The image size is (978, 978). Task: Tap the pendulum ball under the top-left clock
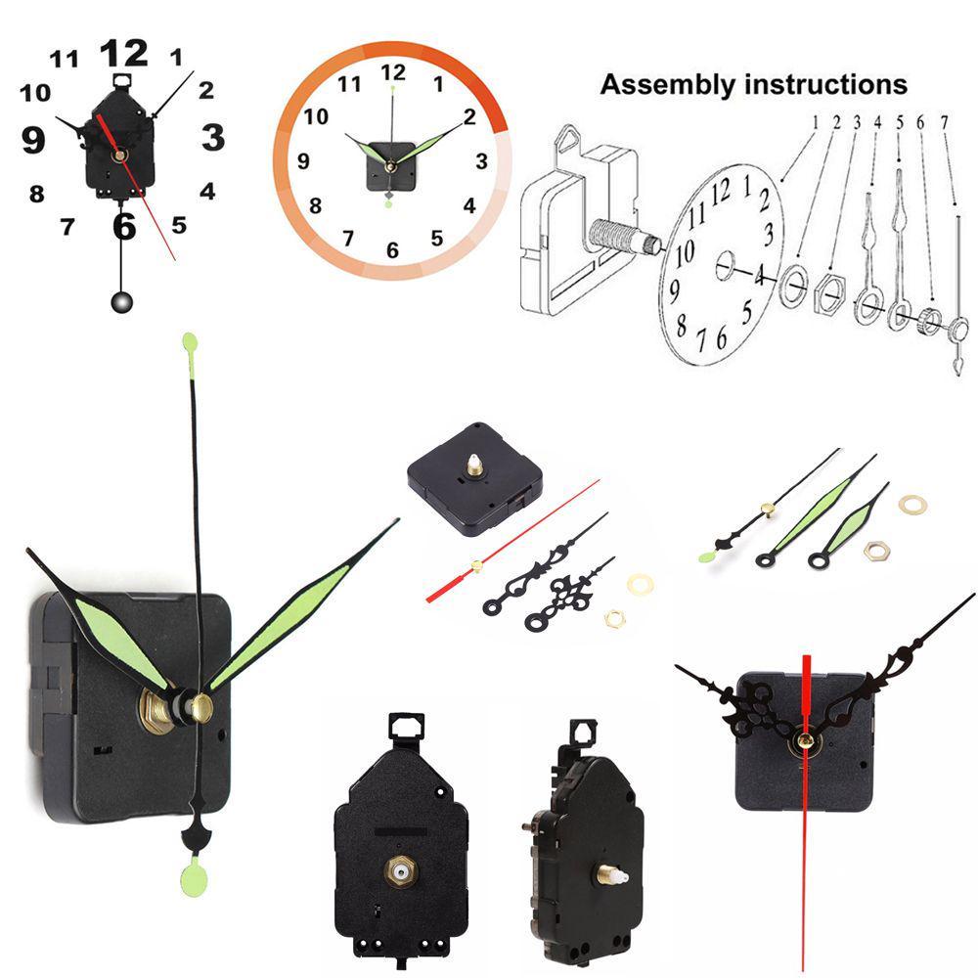point(121,302)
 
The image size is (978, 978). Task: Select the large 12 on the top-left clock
point(124,53)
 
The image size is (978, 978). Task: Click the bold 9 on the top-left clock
point(33,140)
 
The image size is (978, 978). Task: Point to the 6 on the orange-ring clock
point(392,250)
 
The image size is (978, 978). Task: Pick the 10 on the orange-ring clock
point(316,116)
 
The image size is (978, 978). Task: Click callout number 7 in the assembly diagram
point(945,122)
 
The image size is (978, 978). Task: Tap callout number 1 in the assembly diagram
point(816,122)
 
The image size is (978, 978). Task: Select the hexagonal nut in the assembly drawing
point(830,290)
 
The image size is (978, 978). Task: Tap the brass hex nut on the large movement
point(155,710)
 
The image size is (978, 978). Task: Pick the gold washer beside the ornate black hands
point(640,585)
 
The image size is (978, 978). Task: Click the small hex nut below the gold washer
point(615,619)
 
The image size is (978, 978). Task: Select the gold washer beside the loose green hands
point(912,504)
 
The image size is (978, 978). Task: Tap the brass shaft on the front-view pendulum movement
point(400,870)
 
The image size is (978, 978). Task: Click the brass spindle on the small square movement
point(475,466)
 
